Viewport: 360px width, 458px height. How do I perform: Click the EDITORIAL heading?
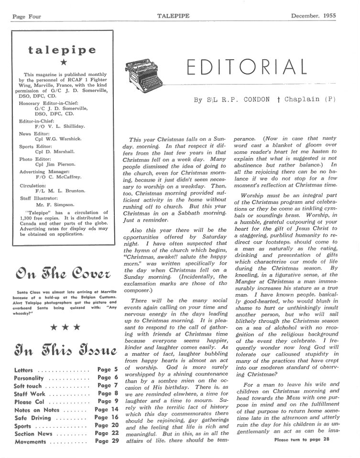(246, 67)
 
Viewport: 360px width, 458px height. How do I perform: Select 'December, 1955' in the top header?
(313, 16)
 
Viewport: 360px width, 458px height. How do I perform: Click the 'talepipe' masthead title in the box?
(62, 50)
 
